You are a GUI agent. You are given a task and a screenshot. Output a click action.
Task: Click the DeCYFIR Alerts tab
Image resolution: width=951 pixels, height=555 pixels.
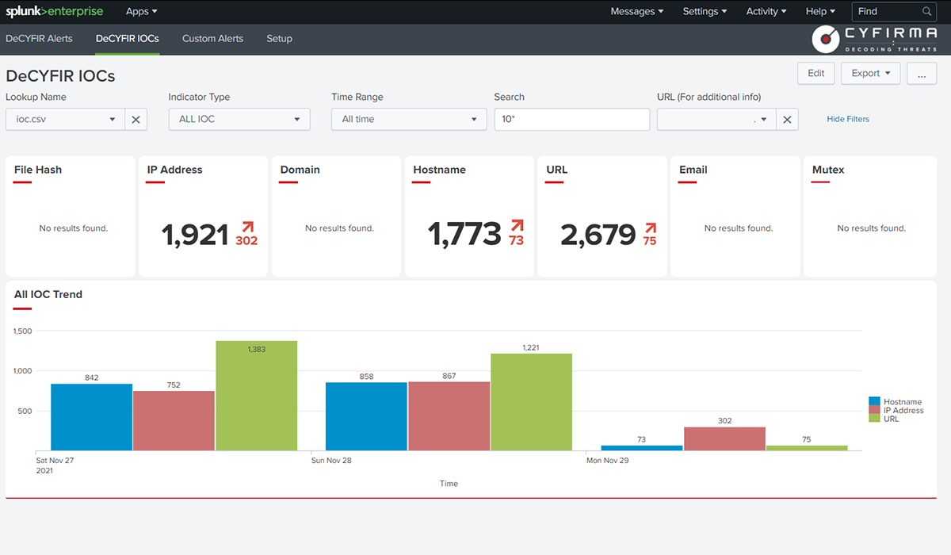(x=39, y=38)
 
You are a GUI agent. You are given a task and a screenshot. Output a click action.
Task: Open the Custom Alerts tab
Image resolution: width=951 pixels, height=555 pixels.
(x=212, y=38)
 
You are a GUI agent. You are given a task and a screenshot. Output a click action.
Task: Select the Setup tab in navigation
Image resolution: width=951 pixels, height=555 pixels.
(x=279, y=38)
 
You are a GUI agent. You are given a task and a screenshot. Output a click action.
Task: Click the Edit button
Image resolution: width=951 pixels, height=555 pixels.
(x=815, y=73)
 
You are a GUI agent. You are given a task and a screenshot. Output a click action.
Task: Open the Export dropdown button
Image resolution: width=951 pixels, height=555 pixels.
(x=870, y=73)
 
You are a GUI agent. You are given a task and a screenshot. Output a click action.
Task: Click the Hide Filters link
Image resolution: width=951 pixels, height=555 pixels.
(x=847, y=119)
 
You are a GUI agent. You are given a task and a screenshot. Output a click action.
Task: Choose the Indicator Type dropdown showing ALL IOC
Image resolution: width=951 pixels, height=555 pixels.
(x=239, y=119)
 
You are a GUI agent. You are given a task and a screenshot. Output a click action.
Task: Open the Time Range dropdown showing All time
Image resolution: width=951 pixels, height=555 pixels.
(x=409, y=119)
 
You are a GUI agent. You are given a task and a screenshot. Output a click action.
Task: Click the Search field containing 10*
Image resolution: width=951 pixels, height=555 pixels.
(x=571, y=119)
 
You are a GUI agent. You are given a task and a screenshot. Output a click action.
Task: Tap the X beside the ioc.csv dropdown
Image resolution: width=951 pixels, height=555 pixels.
(x=136, y=119)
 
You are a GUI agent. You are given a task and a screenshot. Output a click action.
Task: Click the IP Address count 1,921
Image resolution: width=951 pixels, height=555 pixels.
(x=195, y=234)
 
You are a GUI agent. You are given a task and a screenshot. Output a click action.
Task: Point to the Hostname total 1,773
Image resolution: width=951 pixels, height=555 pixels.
(x=464, y=234)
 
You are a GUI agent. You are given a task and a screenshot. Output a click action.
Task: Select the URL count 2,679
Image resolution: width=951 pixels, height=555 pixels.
(x=598, y=234)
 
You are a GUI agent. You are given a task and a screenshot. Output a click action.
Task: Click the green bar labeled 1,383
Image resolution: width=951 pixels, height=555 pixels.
(x=256, y=396)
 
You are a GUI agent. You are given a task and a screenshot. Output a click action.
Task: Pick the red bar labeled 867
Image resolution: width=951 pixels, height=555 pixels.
(x=449, y=416)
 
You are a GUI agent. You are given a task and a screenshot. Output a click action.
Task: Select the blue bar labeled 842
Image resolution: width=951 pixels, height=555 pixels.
(x=91, y=417)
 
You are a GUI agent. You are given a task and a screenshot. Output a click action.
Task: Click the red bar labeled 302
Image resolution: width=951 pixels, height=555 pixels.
(x=724, y=438)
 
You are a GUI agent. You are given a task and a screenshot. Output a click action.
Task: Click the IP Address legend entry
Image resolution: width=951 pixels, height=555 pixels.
(x=903, y=410)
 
